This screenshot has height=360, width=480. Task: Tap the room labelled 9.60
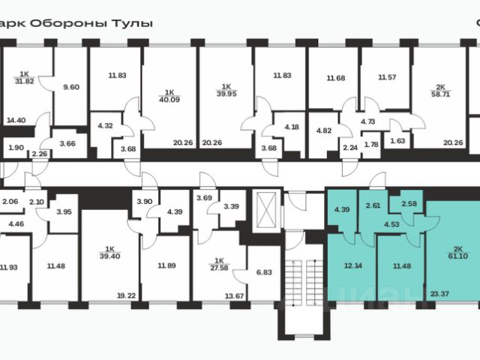[x=71, y=87]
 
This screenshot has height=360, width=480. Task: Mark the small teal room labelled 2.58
[x=410, y=204]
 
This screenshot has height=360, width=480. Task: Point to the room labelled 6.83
[x=262, y=273]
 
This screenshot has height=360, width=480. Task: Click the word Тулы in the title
[x=134, y=22]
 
